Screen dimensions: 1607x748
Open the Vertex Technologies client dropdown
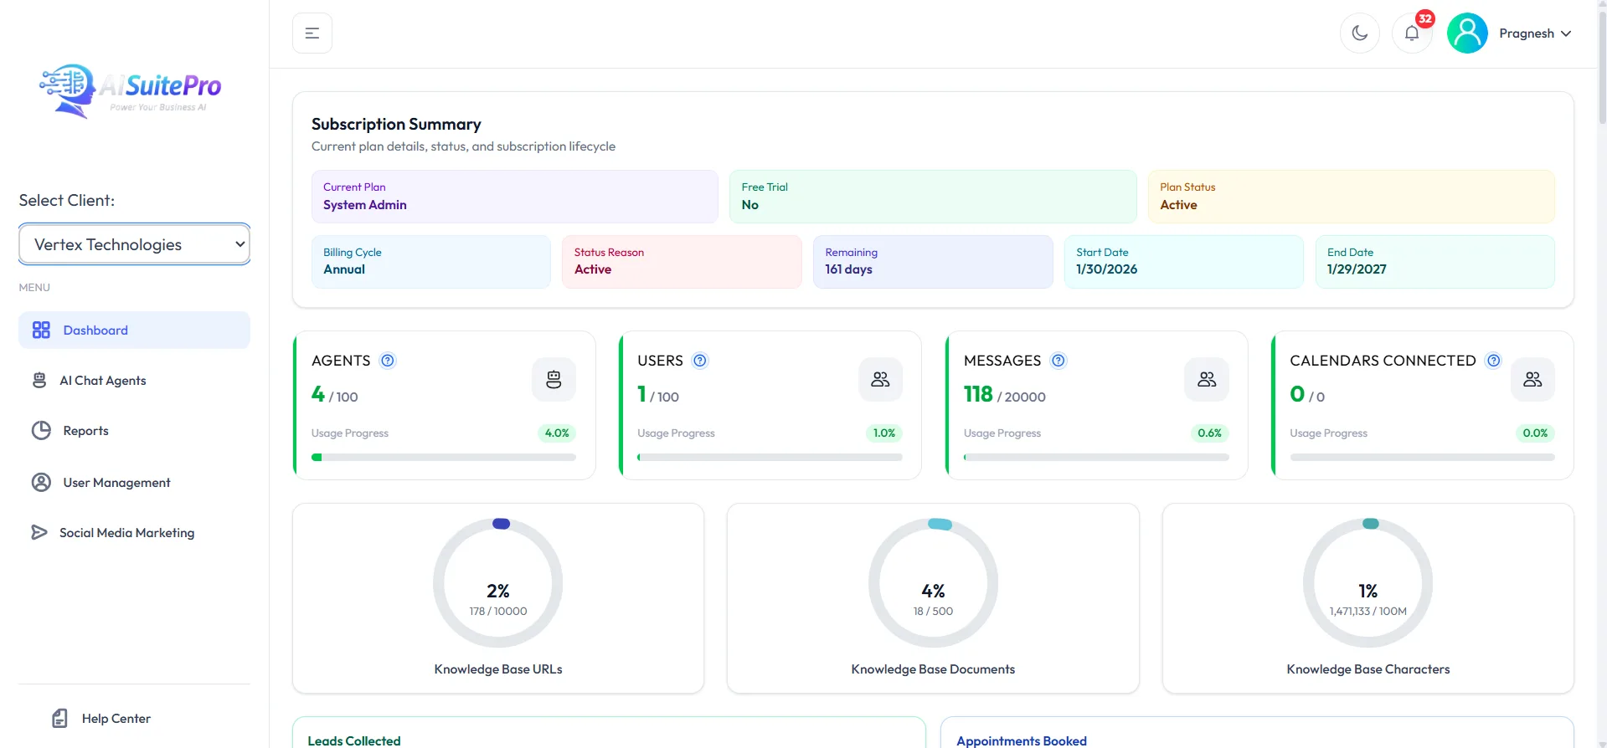click(134, 244)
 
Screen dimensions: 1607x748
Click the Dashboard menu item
click(134, 330)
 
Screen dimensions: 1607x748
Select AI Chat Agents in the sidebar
click(102, 381)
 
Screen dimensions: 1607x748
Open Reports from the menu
click(85, 431)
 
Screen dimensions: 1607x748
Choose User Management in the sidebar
click(116, 483)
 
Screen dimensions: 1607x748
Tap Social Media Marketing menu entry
click(126, 533)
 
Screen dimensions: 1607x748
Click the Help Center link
click(116, 719)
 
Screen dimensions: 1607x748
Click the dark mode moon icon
click(1360, 33)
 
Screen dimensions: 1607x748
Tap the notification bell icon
click(1412, 33)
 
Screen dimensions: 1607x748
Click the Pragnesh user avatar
click(1467, 33)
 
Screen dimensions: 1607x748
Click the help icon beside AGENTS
click(388, 361)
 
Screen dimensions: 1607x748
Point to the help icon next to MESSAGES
click(1058, 361)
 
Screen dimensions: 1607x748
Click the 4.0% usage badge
click(557, 433)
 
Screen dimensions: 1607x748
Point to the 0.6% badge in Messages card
click(1209, 433)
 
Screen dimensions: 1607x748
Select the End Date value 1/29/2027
click(1357, 269)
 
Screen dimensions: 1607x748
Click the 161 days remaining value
click(848, 269)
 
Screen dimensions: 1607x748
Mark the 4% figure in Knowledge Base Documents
click(933, 591)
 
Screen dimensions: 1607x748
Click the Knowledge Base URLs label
click(498, 669)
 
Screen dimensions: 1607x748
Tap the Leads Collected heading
click(354, 741)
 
